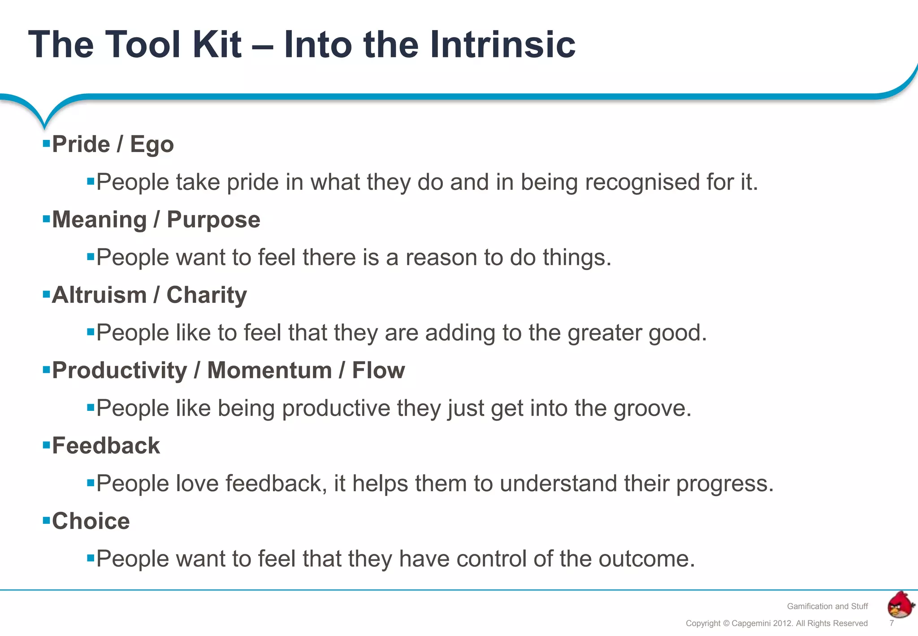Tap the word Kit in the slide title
(x=217, y=44)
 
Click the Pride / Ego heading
(x=113, y=144)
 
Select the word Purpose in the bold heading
(x=213, y=220)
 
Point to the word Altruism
(x=99, y=295)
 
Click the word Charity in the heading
(x=207, y=295)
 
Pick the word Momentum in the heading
(x=269, y=370)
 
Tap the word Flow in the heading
(x=378, y=370)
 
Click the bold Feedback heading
(x=106, y=446)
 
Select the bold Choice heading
(x=91, y=521)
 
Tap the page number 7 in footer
(x=892, y=623)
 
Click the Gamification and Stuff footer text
(x=827, y=606)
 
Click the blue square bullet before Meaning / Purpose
(x=46, y=219)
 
